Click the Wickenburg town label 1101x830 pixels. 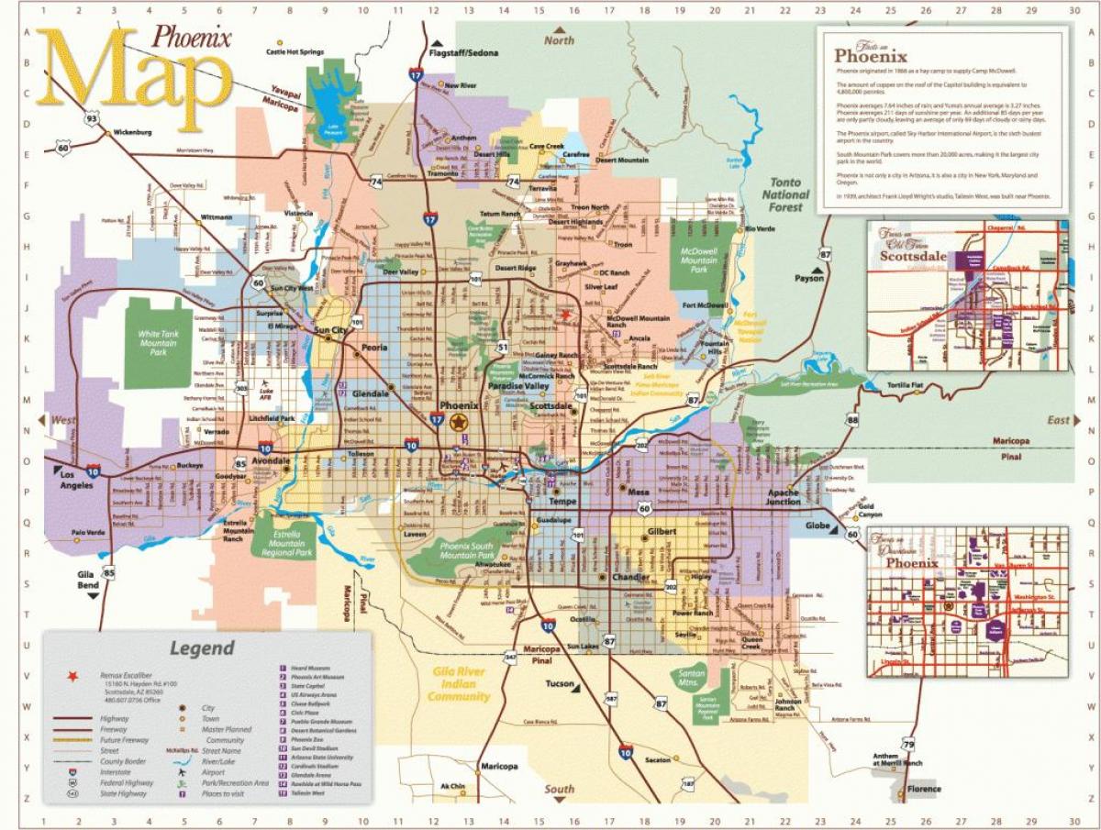click(x=130, y=132)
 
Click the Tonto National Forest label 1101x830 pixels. click(x=785, y=194)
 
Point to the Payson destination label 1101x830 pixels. click(x=808, y=277)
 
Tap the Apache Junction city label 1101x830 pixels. click(x=783, y=496)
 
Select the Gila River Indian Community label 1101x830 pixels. click(x=458, y=684)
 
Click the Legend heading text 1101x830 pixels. click(x=202, y=648)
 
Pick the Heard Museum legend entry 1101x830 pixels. click(x=312, y=669)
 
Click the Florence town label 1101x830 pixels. click(x=924, y=789)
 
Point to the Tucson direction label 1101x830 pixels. click(x=560, y=684)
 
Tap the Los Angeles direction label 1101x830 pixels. click(x=77, y=480)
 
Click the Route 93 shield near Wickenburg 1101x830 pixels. click(x=90, y=119)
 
